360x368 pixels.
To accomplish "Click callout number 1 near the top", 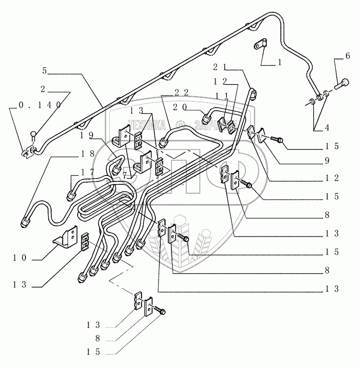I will [x=280, y=64].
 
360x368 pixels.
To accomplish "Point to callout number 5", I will [x=44, y=71].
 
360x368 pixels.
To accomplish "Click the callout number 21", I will [x=220, y=67].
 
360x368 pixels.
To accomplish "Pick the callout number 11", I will [x=223, y=95].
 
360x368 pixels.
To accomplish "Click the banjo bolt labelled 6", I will [x=343, y=84].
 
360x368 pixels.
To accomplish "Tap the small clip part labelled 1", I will [x=261, y=46].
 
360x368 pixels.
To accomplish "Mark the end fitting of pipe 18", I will [x=26, y=223].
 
